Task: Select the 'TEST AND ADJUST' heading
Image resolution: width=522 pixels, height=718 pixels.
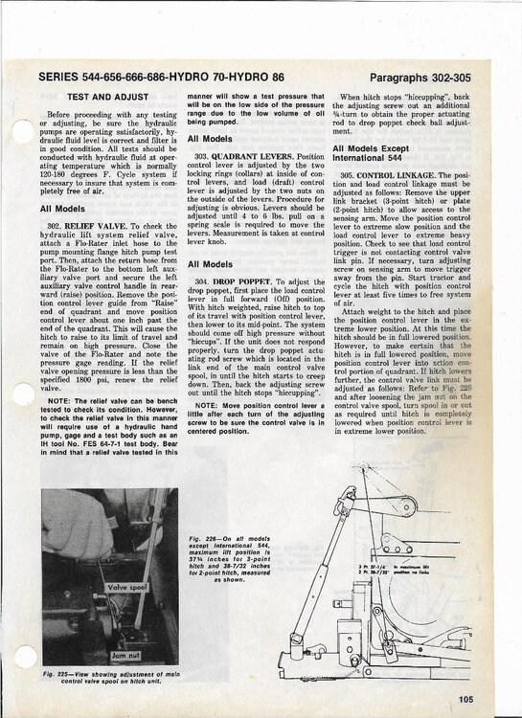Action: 105,98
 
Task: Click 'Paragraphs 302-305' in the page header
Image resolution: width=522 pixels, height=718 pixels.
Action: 427,76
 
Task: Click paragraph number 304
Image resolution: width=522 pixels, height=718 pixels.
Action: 202,280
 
